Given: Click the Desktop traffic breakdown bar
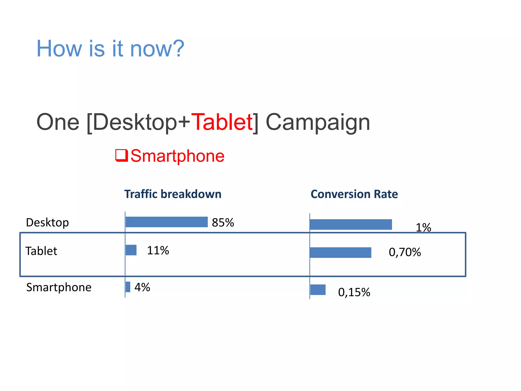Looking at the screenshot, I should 167,222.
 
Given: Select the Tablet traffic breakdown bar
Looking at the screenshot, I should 131,250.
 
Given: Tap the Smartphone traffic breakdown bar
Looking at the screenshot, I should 128,287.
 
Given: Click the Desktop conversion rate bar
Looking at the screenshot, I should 351,225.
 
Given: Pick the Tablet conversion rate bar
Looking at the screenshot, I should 341,253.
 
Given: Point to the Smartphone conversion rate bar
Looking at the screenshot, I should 318,290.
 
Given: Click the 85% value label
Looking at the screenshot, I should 223,222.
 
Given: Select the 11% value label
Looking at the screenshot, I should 158,250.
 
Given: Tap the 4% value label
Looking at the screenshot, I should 142,287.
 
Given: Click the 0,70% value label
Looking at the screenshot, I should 405,252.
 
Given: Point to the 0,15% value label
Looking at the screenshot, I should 354,292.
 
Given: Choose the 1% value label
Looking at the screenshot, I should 423,227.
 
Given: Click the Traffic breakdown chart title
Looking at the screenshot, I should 173,194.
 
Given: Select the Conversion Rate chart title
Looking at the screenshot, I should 354,194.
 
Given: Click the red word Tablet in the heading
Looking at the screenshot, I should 222,122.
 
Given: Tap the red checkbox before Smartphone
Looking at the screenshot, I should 121,155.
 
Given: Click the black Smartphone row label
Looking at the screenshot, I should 59,287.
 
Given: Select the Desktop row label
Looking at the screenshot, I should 47,222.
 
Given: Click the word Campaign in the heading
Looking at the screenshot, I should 318,123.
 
